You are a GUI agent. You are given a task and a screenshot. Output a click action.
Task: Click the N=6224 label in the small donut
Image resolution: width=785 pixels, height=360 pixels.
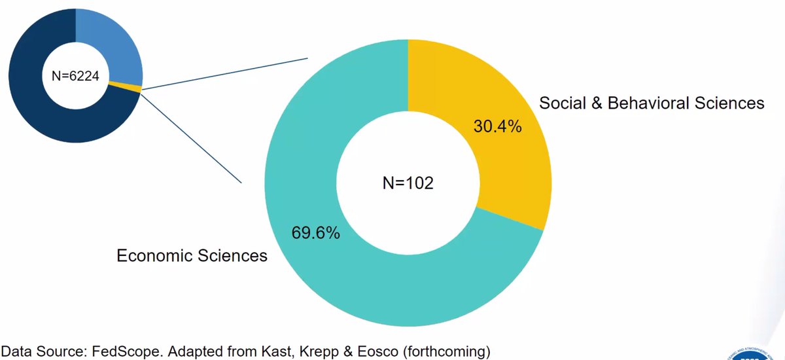click(75, 76)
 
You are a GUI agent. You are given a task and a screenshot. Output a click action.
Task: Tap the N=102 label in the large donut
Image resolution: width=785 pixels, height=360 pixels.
click(408, 183)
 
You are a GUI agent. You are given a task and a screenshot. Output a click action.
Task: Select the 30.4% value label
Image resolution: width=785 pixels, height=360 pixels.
click(497, 126)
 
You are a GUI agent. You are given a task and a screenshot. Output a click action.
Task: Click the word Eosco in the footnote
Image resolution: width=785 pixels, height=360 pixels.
click(372, 351)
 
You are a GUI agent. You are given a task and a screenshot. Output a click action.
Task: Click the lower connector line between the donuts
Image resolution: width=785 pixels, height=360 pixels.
click(190, 137)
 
